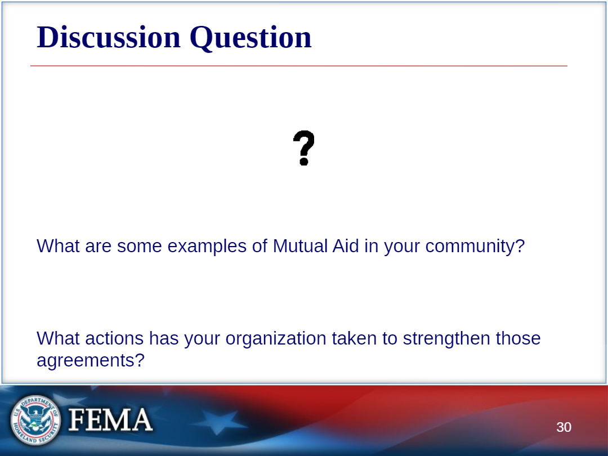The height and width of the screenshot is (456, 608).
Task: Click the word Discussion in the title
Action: [109, 37]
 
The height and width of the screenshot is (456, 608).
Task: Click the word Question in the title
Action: [251, 38]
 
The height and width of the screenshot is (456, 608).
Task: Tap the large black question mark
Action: [303, 147]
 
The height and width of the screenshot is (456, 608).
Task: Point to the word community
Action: [475, 247]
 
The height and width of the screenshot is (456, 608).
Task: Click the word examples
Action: [207, 247]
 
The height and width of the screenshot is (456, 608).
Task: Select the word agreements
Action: [90, 361]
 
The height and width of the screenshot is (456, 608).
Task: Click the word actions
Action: [114, 338]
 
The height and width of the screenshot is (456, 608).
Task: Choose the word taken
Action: [354, 338]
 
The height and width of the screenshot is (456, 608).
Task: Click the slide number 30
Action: [564, 427]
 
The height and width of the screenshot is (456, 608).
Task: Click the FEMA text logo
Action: [110, 419]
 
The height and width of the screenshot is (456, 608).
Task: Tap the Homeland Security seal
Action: [35, 420]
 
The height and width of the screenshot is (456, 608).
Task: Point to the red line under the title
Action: [298, 66]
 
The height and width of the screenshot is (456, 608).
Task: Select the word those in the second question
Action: [518, 338]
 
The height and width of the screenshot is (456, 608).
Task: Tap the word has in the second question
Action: [164, 338]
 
